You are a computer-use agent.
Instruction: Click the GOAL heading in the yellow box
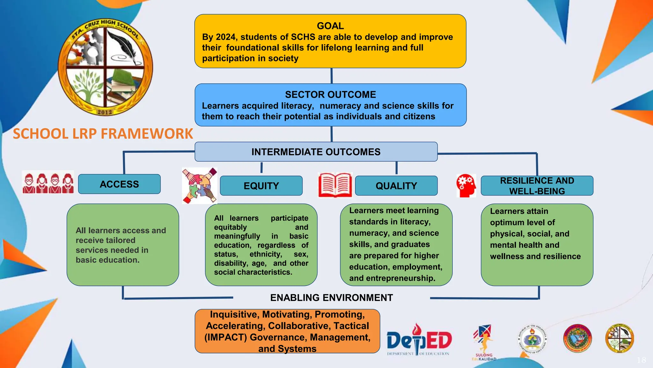[x=330, y=26]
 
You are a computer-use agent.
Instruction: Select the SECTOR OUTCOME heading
[x=330, y=95]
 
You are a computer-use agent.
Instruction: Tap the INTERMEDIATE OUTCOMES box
[x=316, y=152]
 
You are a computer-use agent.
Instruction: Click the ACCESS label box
[x=119, y=184]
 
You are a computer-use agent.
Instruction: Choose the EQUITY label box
[x=261, y=186]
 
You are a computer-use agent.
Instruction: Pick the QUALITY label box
[x=396, y=186]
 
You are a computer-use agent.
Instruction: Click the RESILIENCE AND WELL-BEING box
[x=537, y=186]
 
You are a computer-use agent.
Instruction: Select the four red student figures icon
[x=48, y=183]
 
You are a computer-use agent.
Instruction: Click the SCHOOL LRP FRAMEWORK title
[x=103, y=134]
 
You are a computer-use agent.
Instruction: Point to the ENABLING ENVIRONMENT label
[x=331, y=298]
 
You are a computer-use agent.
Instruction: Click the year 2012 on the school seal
[x=105, y=112]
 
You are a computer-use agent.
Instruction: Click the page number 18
[x=642, y=360]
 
